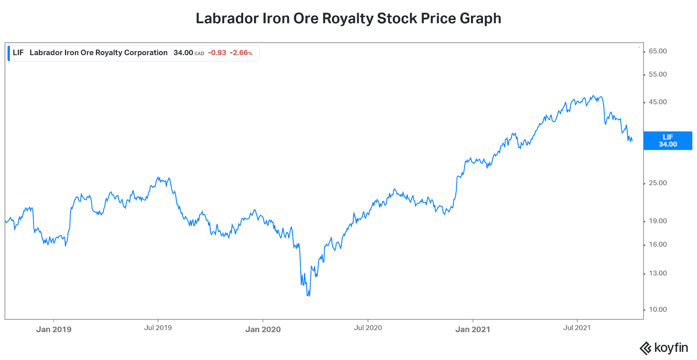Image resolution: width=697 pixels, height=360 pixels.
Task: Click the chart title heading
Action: coord(348,18)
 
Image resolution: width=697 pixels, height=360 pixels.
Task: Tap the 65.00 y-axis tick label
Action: coord(658,51)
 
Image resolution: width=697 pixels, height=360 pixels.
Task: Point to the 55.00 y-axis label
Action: coord(658,74)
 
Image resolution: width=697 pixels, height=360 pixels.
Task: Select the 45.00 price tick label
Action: coord(658,102)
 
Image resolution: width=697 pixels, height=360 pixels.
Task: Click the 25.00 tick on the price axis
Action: coord(658,183)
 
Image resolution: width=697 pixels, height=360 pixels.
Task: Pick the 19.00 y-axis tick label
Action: coord(658,221)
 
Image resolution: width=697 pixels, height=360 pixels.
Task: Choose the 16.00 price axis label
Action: coord(658,244)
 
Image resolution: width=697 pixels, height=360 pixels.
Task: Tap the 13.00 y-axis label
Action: coord(658,273)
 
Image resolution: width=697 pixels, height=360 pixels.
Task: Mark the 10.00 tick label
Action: coord(658,309)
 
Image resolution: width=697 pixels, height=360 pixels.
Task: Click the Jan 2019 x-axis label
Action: coord(54,329)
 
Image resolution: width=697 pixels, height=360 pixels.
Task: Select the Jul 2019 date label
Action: coord(158,328)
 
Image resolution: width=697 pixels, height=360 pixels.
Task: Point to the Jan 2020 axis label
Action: coord(263,329)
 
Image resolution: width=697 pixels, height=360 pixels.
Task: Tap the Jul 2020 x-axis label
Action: coord(368,328)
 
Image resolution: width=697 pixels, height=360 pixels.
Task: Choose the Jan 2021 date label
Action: coord(473,329)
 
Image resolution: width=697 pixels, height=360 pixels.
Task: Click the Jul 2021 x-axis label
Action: coord(577,328)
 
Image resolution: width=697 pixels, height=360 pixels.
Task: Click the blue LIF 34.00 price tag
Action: coord(668,141)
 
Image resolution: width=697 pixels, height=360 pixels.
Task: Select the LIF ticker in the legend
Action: coord(18,53)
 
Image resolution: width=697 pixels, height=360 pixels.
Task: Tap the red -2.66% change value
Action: coord(241,53)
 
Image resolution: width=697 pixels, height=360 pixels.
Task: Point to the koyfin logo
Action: coord(664,348)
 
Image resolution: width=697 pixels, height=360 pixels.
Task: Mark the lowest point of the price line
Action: coord(308,296)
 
